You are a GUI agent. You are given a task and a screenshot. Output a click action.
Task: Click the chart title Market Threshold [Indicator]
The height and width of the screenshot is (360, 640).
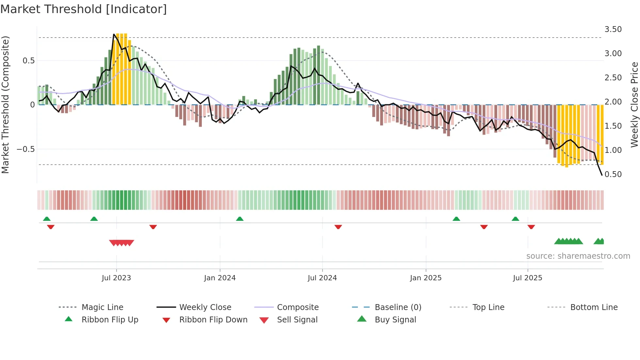(x=84, y=9)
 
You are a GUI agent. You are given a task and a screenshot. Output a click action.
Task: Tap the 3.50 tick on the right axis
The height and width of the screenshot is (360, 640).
(x=613, y=29)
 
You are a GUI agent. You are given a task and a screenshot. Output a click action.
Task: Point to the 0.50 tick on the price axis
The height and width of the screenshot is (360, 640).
(x=613, y=174)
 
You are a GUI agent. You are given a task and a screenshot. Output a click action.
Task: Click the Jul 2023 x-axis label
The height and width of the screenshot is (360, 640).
(x=116, y=278)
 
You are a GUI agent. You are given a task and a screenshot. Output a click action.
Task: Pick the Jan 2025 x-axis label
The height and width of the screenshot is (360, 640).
(x=426, y=278)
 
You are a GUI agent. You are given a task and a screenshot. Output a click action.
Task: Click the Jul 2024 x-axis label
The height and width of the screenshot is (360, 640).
(x=322, y=278)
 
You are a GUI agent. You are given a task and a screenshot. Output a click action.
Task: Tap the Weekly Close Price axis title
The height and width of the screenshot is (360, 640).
(x=634, y=105)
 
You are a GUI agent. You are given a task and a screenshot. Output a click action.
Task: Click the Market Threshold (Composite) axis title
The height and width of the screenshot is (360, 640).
(x=5, y=105)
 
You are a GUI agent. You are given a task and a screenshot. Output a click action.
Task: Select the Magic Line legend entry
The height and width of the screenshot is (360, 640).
(x=102, y=307)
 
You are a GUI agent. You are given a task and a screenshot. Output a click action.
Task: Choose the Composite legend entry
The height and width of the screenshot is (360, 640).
(x=297, y=307)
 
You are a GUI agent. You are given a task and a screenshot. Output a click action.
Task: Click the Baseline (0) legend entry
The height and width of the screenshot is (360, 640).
(x=398, y=307)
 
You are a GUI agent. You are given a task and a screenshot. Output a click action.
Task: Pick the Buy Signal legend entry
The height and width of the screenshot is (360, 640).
(x=395, y=320)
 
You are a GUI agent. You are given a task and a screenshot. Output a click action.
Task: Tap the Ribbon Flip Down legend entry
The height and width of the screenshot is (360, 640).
(x=213, y=320)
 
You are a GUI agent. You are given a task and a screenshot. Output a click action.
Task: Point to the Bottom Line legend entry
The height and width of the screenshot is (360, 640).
(x=594, y=307)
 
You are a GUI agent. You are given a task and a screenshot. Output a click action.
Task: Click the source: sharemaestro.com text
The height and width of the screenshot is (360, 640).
(x=578, y=256)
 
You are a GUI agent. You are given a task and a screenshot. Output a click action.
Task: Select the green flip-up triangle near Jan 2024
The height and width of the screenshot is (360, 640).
(x=240, y=219)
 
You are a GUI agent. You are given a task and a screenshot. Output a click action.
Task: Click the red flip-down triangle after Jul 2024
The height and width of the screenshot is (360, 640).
(x=338, y=227)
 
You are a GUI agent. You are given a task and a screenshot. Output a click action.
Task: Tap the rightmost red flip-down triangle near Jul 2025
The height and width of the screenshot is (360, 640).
(x=531, y=227)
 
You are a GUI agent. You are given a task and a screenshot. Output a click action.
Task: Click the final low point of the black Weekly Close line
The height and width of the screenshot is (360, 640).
(x=602, y=175)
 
